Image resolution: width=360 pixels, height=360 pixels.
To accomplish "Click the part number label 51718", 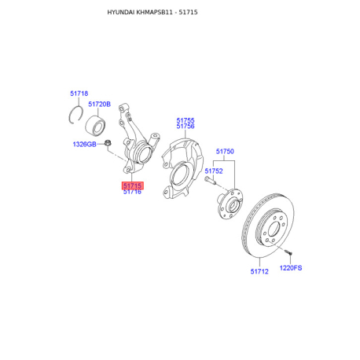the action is (79, 94).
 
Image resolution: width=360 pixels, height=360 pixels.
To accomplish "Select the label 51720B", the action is (99, 104).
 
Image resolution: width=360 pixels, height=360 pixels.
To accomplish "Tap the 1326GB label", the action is (84, 144).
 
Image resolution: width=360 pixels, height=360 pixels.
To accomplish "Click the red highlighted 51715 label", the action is (132, 186).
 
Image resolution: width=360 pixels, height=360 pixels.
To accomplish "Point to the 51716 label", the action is (132, 192).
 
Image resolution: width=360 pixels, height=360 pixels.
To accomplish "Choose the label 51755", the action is (186, 120).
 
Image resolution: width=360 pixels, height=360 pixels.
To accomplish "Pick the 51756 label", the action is (186, 127).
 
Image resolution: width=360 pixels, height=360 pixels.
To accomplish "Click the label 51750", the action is (225, 151).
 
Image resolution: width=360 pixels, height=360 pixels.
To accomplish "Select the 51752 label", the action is (214, 171).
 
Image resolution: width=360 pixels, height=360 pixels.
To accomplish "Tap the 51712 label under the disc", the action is (259, 271).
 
